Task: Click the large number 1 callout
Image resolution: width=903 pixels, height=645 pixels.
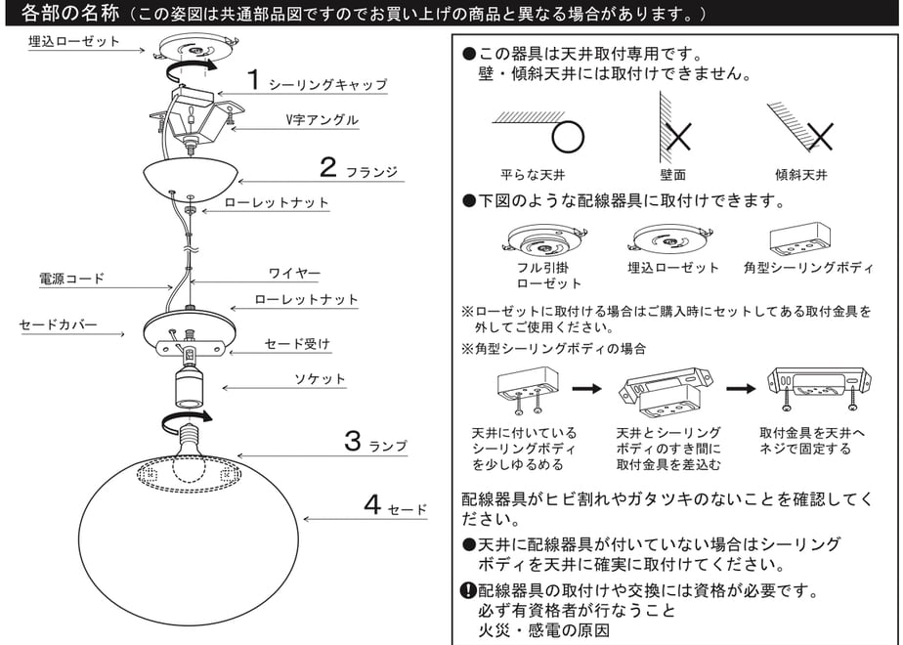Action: coord(253,79)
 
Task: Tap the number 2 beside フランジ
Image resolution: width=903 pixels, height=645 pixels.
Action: coord(327,167)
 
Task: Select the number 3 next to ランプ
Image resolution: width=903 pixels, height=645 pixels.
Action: coord(353,441)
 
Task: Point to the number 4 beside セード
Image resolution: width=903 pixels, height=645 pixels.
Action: coord(372,504)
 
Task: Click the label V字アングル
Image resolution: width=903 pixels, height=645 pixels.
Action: coord(322,120)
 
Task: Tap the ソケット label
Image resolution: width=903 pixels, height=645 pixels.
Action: coord(320,379)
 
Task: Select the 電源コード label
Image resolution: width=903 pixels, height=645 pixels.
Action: coord(71,279)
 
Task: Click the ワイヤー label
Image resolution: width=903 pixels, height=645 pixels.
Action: coord(294,273)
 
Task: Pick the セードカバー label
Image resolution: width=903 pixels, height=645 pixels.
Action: coord(59,324)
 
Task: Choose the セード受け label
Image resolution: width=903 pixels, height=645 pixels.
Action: coord(297,344)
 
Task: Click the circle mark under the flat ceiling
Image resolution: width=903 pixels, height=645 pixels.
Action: coord(568,137)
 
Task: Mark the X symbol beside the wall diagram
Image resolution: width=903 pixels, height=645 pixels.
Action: coord(678,136)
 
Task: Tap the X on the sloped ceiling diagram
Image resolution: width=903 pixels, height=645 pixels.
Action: coord(820,137)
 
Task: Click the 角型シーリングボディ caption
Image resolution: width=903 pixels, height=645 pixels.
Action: coord(808,268)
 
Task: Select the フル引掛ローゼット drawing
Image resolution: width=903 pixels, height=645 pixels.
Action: coord(544,239)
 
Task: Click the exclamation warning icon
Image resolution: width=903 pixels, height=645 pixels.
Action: coord(468,590)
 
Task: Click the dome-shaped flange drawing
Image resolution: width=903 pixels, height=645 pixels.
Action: coord(190,180)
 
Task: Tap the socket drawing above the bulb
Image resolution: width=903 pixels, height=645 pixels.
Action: coord(188,387)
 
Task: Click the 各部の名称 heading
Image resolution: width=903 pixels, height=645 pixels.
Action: coord(70,13)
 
